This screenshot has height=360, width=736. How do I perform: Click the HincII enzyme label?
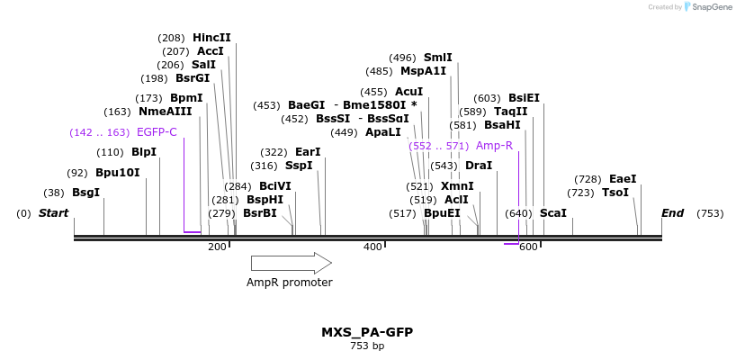[x=211, y=38]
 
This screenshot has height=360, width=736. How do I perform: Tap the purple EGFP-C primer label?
[x=157, y=132]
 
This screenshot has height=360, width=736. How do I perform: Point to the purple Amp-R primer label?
[x=494, y=146]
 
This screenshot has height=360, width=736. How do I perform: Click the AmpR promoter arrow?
[x=291, y=263]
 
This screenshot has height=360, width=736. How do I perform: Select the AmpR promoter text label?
[x=289, y=283]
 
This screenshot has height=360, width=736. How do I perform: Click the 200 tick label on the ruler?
[x=217, y=247]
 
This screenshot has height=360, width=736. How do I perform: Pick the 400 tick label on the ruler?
[x=372, y=247]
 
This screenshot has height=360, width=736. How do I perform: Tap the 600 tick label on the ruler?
[x=528, y=247]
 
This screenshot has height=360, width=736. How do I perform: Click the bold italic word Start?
[x=53, y=213]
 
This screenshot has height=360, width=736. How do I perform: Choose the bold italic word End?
[x=672, y=213]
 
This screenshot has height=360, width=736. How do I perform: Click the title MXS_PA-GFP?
[x=367, y=332]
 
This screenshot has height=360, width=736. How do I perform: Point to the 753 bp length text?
[x=367, y=346]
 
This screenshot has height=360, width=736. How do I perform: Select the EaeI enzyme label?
[x=623, y=179]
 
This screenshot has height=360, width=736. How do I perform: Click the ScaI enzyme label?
[x=552, y=213]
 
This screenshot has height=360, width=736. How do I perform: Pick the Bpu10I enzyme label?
[x=117, y=172]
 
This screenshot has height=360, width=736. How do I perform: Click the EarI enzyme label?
[x=307, y=152]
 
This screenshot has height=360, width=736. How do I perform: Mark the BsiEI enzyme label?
[x=524, y=98]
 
